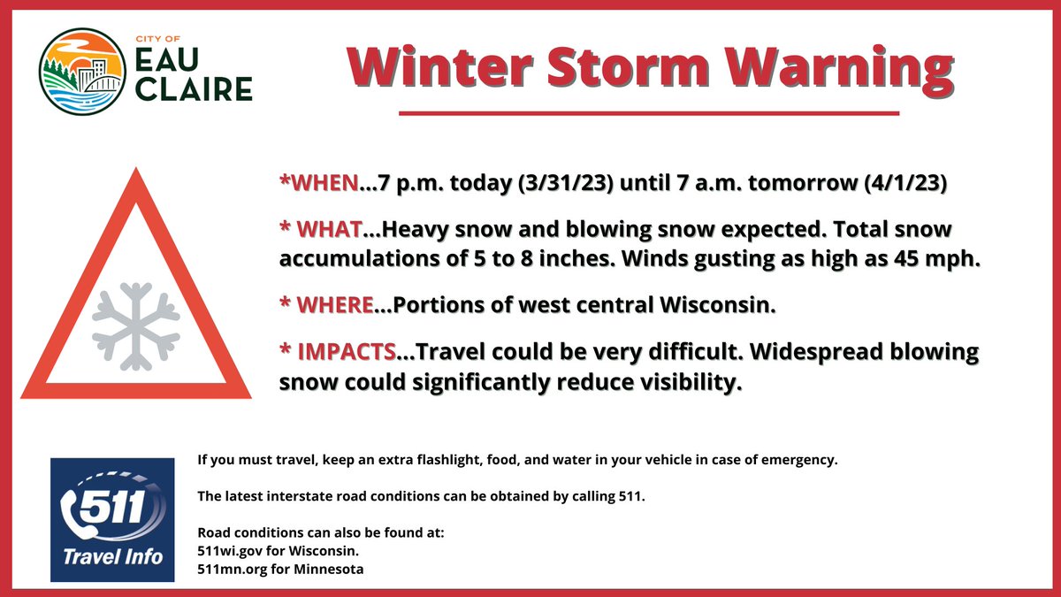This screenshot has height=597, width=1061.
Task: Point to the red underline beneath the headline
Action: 649,113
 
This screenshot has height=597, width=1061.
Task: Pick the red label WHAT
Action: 327,230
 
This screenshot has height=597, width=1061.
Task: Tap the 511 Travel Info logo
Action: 113,519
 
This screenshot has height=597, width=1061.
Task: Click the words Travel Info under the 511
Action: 112,558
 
